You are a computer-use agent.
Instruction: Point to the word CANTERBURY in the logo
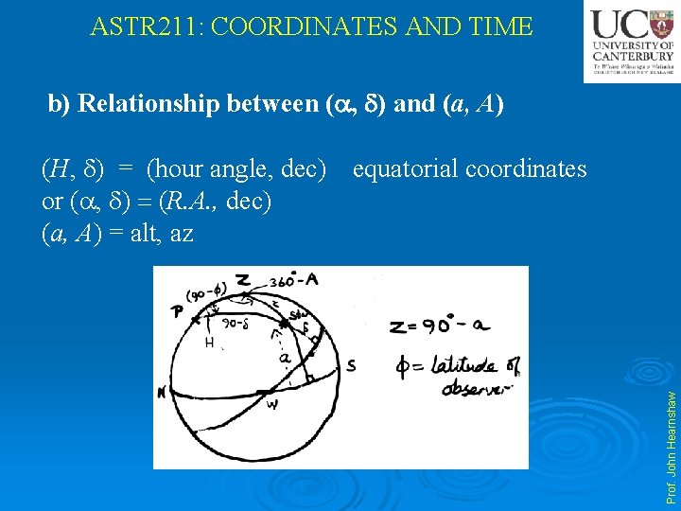(631, 55)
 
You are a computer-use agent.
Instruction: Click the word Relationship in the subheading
(148, 103)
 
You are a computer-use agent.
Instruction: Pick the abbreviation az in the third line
(179, 232)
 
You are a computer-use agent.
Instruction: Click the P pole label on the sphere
(177, 313)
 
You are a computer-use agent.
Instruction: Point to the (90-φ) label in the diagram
(206, 294)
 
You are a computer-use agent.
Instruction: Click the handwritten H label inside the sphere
(209, 343)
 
